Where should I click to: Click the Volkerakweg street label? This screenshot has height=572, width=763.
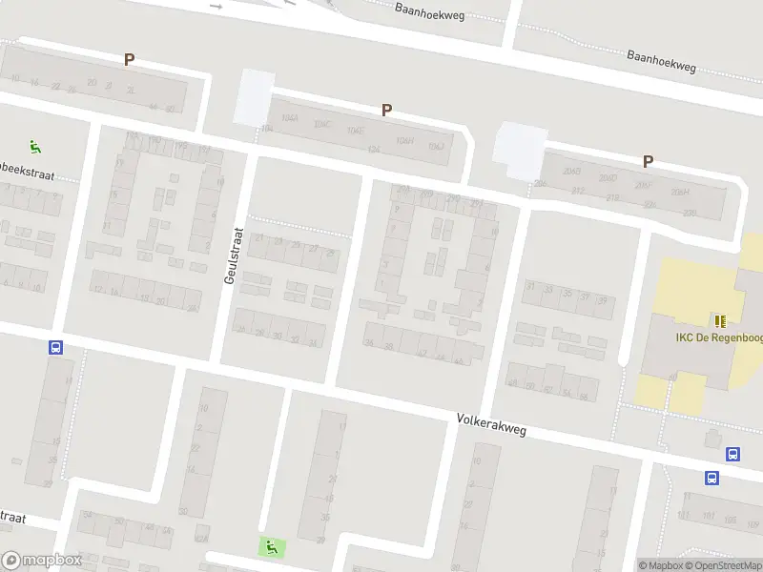[x=491, y=424]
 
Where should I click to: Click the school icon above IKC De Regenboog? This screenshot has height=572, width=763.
[x=720, y=321]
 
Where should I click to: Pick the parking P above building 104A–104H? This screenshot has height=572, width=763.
[x=387, y=111]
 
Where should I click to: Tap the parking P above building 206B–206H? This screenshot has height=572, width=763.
[x=649, y=162]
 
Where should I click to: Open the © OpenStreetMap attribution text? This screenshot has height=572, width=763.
[x=721, y=565]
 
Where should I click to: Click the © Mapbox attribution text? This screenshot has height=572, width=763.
[x=659, y=565]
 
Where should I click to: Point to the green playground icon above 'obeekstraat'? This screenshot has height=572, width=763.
[x=36, y=147]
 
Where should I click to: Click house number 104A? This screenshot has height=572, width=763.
[x=290, y=119]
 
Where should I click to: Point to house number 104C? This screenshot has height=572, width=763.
[x=322, y=125]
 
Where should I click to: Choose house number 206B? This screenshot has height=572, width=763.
[x=572, y=172]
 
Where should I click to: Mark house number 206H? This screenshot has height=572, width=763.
[x=680, y=192]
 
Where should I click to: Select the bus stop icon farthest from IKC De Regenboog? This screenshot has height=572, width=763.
[x=56, y=349]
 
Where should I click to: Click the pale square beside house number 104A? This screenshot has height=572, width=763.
[x=254, y=96]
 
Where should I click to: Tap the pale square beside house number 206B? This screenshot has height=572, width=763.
[x=518, y=150]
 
